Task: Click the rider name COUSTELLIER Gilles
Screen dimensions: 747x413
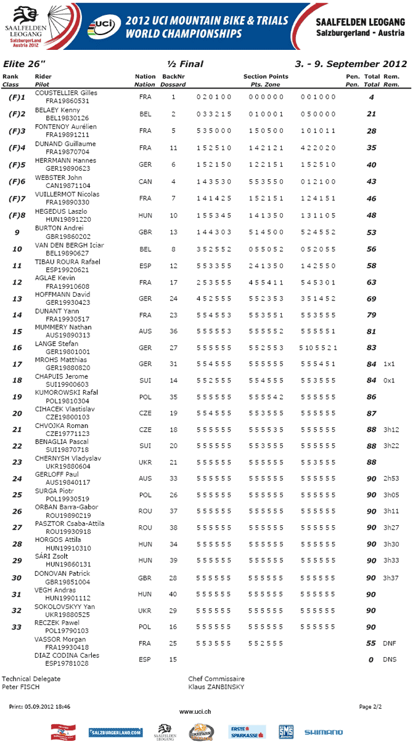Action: pos(66,92)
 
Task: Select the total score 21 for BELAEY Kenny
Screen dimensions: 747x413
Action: pos(371,114)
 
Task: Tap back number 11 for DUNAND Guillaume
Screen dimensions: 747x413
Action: pos(173,148)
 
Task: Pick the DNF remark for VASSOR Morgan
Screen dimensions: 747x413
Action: pos(390,643)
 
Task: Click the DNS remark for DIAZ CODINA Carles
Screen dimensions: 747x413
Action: pos(390,660)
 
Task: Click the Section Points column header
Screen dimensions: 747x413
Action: pos(266,76)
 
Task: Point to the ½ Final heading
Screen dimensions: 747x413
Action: pos(185,64)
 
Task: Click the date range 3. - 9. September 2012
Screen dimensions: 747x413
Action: pos(351,64)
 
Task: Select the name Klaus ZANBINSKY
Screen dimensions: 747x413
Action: pos(216,686)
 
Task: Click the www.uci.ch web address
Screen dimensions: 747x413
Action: pos(195,711)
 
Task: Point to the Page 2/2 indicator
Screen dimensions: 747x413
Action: pos(370,706)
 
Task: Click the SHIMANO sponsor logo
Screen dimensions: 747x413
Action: pos(324,732)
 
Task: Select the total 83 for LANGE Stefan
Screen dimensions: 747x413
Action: pos(371,348)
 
